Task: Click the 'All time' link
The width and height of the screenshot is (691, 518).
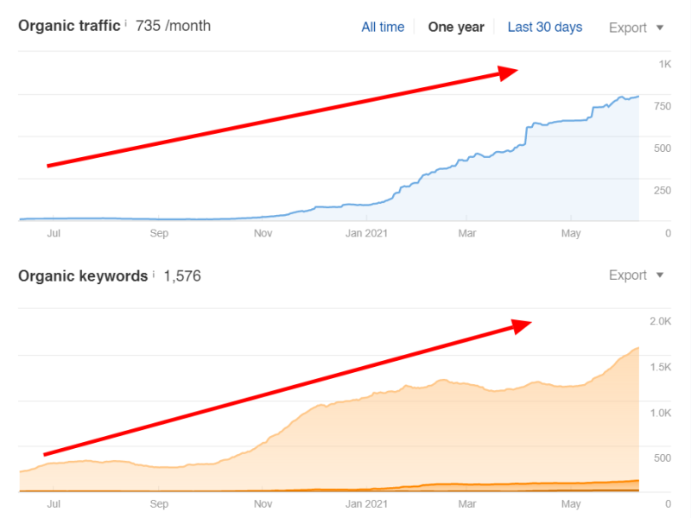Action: [x=383, y=27]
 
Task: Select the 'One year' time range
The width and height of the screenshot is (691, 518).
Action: [x=456, y=27]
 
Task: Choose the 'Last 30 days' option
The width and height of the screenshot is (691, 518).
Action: [x=544, y=27]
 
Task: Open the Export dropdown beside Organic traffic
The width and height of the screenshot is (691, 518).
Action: [x=636, y=28]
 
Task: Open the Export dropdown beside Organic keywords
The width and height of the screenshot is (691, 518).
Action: [x=636, y=275]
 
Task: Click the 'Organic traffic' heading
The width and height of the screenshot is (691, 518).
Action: [x=69, y=26]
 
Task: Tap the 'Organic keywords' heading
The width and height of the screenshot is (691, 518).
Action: [x=83, y=276]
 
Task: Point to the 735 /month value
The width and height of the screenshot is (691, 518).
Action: [x=173, y=26]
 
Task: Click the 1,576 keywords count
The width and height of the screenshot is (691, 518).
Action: [x=181, y=276]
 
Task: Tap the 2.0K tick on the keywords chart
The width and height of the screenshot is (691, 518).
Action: [x=660, y=321]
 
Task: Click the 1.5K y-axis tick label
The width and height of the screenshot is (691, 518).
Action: [x=660, y=367]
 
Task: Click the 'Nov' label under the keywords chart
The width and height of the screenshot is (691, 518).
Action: [x=263, y=503]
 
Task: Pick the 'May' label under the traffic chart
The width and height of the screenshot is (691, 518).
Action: [x=571, y=233]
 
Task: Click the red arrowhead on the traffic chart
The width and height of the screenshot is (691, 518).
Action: [x=509, y=73]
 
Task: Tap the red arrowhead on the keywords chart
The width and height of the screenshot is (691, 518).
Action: [x=521, y=325]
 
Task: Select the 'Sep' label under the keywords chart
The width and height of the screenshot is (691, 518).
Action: [x=159, y=503]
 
